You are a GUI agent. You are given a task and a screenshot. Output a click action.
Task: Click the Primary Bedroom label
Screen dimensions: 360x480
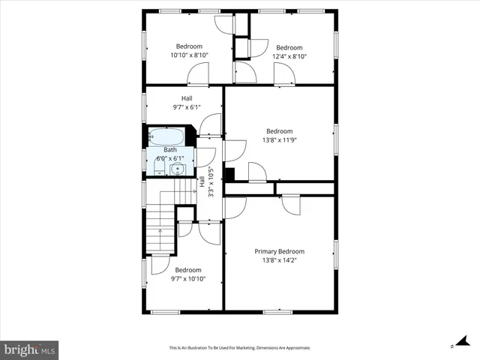pos(279,251)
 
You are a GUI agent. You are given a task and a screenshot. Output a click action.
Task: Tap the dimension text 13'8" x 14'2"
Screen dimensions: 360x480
pos(279,261)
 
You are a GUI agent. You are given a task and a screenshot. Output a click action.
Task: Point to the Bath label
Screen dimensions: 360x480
pos(169,150)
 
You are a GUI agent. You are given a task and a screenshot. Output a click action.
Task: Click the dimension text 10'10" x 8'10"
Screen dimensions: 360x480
pos(189,55)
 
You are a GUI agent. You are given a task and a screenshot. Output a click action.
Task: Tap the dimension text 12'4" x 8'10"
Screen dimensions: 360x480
pos(289,56)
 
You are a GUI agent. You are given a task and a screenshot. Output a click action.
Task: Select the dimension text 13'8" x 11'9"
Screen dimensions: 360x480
pos(279,140)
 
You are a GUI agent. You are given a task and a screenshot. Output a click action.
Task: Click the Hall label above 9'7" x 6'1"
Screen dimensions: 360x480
pos(187,98)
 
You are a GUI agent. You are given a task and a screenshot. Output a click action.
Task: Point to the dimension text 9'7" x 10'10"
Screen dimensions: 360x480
pos(187,279)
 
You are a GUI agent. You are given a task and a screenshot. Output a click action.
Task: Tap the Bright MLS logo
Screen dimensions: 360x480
pos(30,349)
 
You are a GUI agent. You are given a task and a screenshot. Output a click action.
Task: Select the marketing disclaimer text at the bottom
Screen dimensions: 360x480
pos(240,348)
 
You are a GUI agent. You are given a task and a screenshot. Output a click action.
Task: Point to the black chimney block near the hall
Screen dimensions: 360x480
pos(229,175)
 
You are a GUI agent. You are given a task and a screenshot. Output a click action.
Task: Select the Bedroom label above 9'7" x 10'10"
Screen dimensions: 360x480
pos(187,270)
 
